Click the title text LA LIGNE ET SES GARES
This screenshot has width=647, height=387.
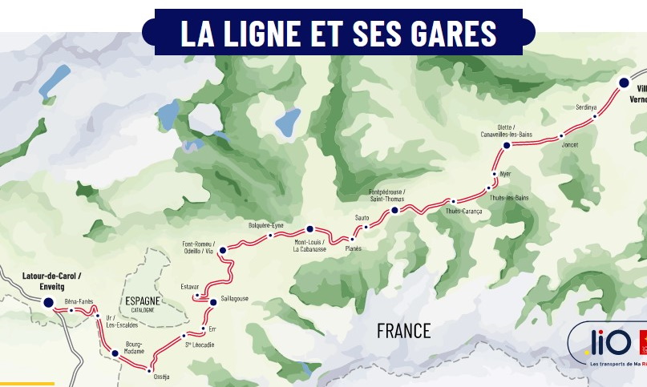click(338, 34)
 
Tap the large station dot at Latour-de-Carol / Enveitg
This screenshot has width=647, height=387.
click(48, 302)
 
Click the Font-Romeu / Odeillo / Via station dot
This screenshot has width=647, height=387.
click(223, 251)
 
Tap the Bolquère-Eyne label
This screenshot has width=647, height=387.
click(266, 225)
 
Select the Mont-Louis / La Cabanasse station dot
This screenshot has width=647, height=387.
click(309, 229)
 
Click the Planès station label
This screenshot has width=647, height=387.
click(354, 248)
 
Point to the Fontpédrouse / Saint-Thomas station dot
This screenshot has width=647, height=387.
click(394, 211)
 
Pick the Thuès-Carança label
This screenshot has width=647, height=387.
click(463, 212)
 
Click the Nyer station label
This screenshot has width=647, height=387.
click(505, 173)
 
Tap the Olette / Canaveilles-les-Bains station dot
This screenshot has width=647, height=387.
click(506, 146)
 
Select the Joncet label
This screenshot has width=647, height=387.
click(570, 145)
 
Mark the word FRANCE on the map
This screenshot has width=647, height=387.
click(403, 330)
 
